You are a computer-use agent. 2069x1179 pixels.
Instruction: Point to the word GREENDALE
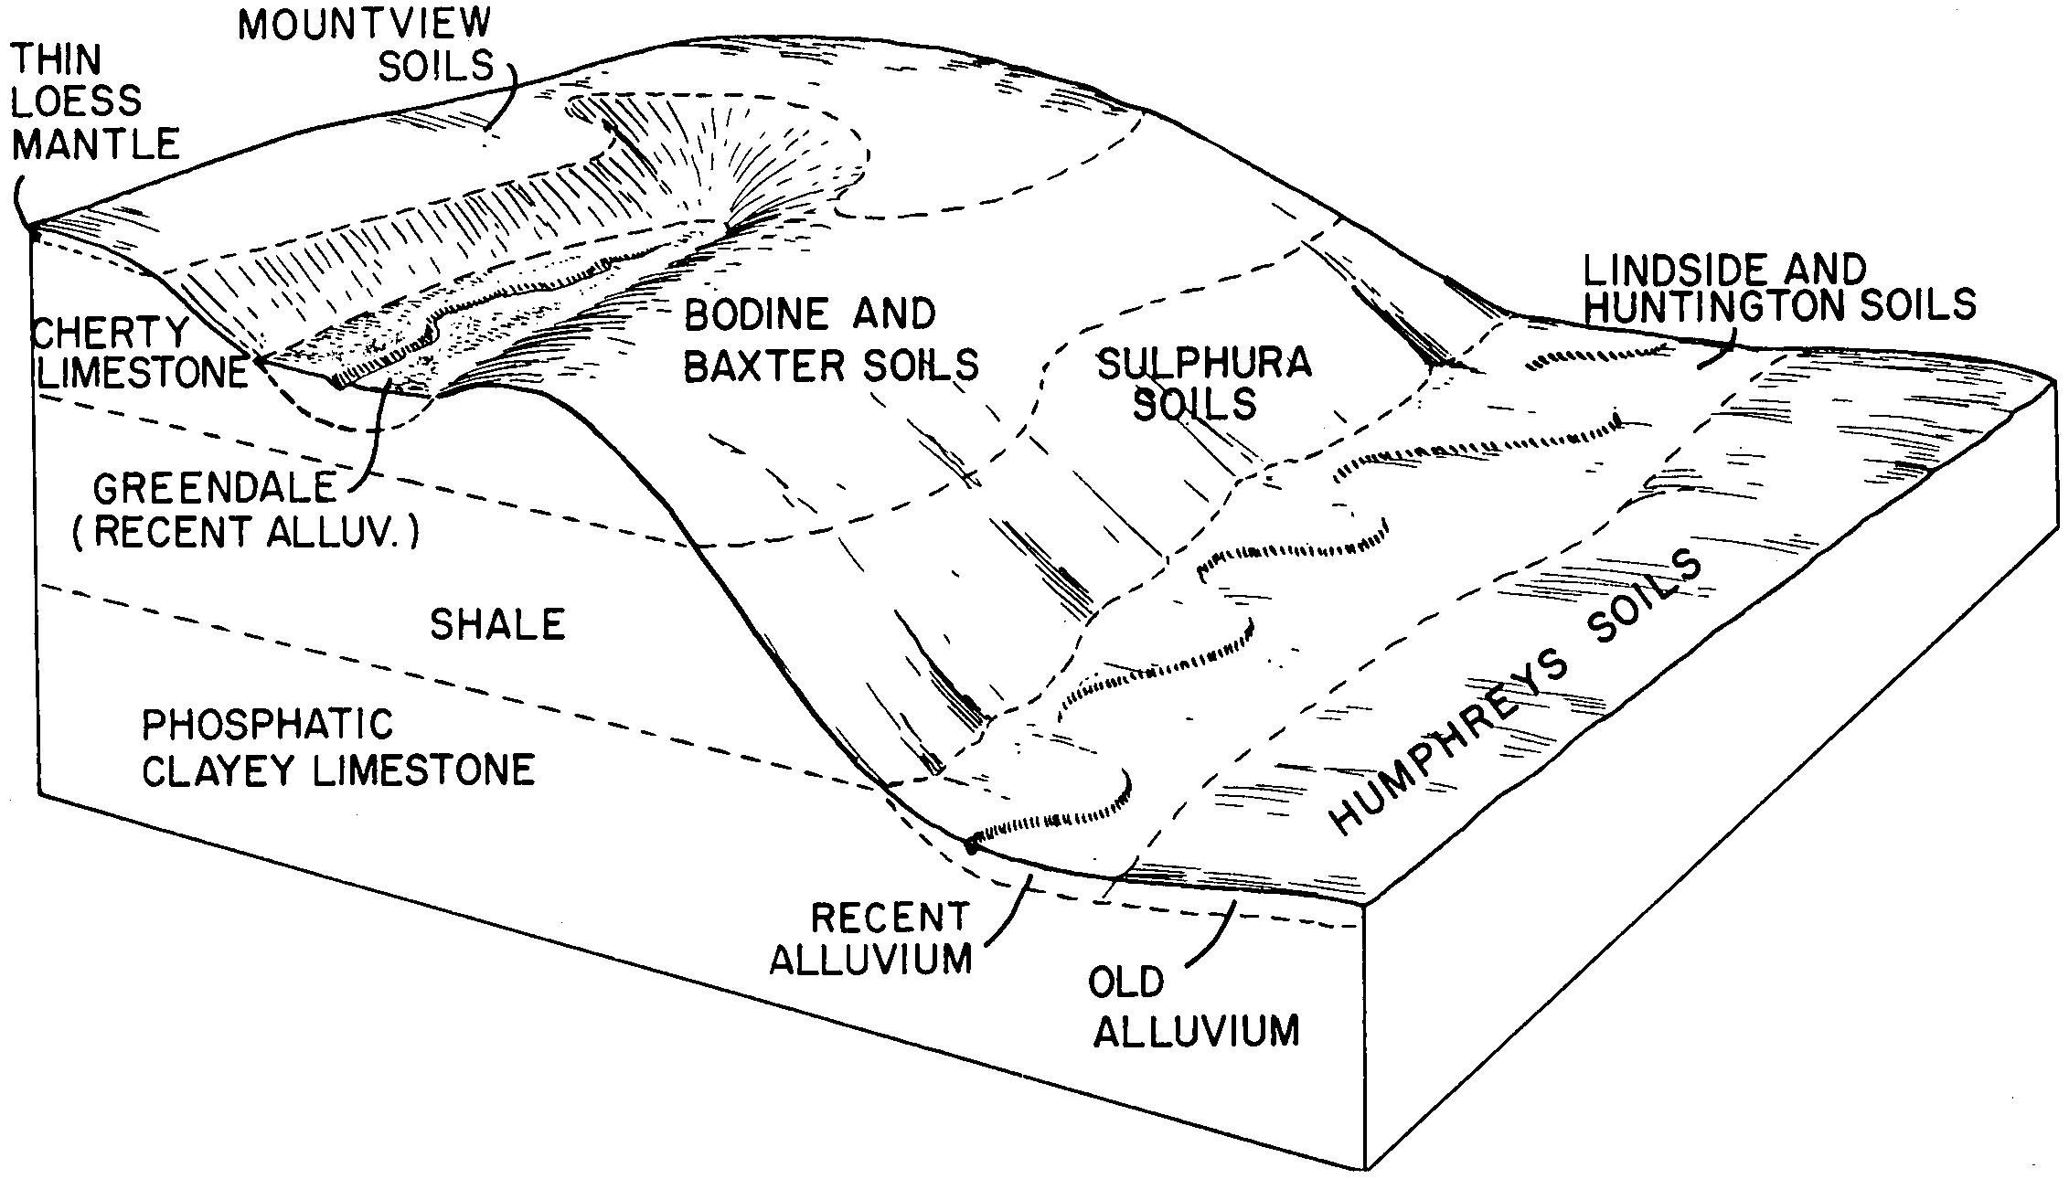(x=215, y=489)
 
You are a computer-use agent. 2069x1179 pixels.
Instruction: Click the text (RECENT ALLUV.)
(x=245, y=532)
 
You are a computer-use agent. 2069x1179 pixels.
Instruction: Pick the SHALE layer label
(x=497, y=625)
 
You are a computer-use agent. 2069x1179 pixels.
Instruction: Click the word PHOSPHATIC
(x=267, y=726)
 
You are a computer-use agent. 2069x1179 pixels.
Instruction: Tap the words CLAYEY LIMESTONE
(x=338, y=770)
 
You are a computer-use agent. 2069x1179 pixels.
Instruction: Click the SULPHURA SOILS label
(x=1203, y=383)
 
